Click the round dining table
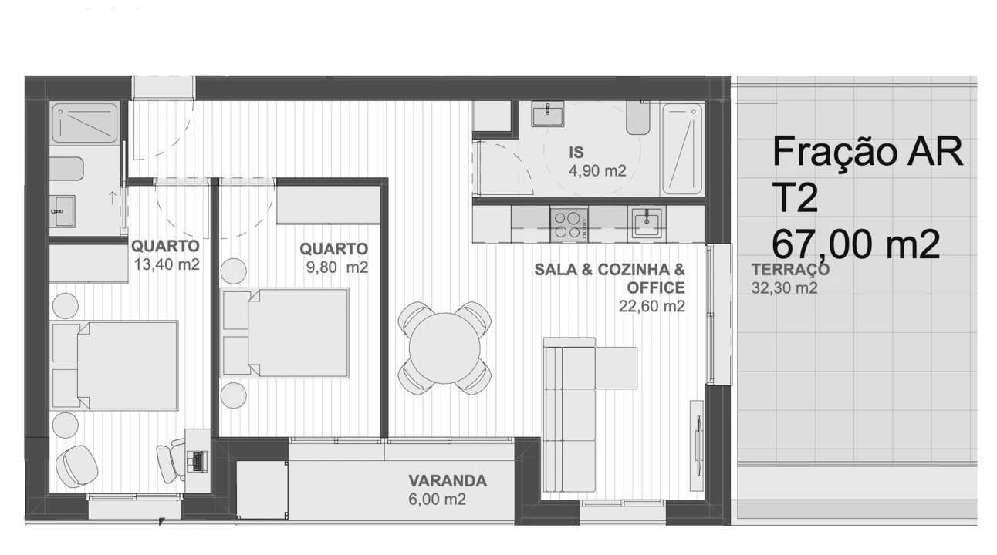pos(444,348)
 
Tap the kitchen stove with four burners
pos(569,224)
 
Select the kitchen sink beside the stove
pos(647,222)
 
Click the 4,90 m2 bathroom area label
pos(597,171)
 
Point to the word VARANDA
pos(448,481)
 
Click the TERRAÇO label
pos(790,270)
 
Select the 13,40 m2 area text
pos(167,264)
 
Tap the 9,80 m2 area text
pos(337,267)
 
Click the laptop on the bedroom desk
pos(198,461)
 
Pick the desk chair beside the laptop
pos(171,461)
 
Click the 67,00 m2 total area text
pos(856,244)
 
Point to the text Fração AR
pos(867,152)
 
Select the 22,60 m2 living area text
pos(652,307)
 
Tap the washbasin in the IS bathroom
pos(547,113)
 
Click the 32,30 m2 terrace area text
pos(784,288)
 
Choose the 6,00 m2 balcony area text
pos(437,499)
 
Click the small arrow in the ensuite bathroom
pos(113,198)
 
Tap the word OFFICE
pos(656,288)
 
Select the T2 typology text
pos(795,198)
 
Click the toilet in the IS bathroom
pos(638,117)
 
